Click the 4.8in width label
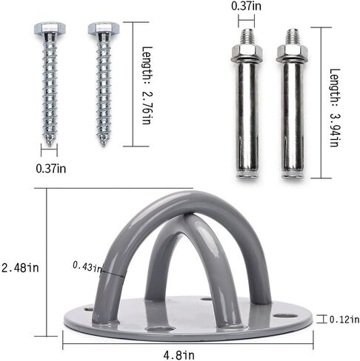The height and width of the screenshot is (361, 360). (x=179, y=355)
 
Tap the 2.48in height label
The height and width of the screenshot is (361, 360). (x=20, y=268)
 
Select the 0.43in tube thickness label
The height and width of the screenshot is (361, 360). (x=87, y=267)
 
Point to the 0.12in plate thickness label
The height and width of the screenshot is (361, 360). (x=344, y=320)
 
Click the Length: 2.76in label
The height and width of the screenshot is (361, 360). (x=147, y=85)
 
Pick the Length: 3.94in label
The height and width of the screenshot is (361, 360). (x=336, y=108)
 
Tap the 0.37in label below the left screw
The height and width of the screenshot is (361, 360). (x=51, y=169)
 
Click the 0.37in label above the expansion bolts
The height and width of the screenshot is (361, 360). (x=246, y=6)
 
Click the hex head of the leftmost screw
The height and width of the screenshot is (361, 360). (x=50, y=28)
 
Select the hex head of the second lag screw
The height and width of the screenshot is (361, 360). (x=104, y=28)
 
